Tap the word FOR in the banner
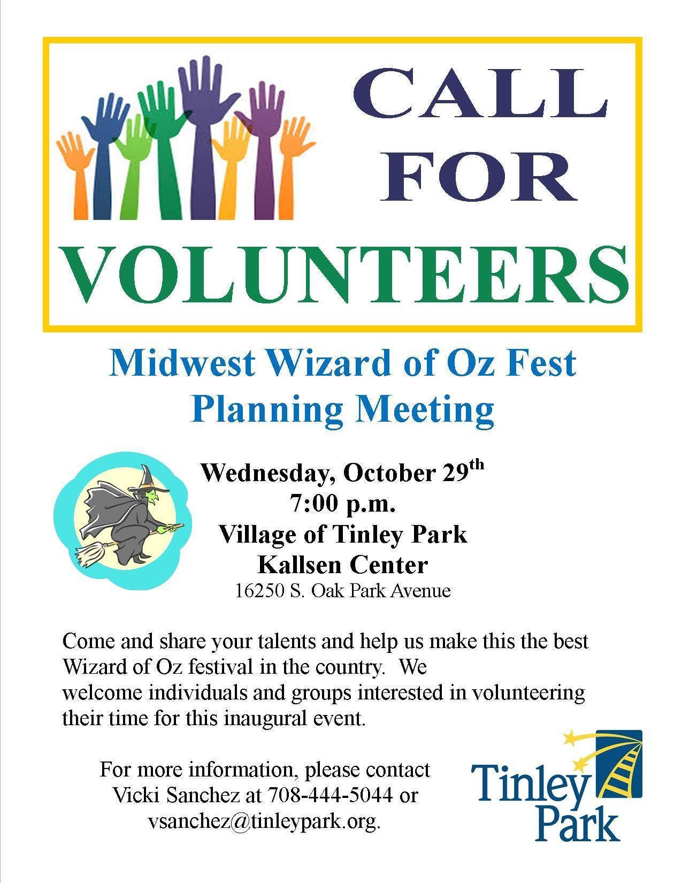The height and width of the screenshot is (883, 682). [478, 177]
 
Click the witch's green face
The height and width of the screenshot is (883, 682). [153, 497]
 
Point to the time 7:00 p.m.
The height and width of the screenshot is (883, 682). [342, 503]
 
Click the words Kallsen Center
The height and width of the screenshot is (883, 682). [342, 564]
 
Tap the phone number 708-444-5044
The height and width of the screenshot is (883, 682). [331, 795]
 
